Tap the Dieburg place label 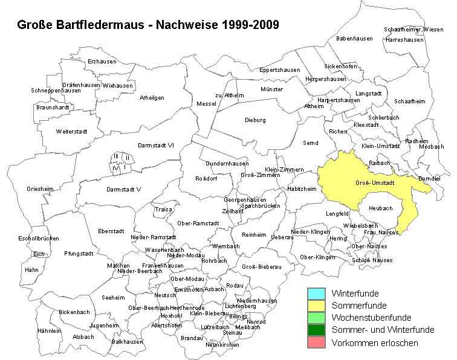click(255, 120)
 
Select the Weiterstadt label click(72, 131)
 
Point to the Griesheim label click(40, 189)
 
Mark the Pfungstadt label click(79, 254)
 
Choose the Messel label click(206, 104)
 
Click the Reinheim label click(254, 234)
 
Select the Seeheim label click(113, 298)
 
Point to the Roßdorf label click(206, 179)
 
